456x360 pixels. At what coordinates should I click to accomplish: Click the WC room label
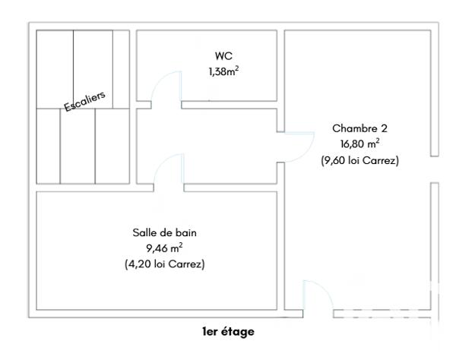click(x=223, y=57)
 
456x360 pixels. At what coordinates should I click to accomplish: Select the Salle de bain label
click(x=165, y=232)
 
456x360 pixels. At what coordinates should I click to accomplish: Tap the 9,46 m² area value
click(x=165, y=248)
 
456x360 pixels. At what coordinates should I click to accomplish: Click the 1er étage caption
click(x=228, y=332)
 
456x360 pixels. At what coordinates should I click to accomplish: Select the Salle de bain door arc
click(x=169, y=169)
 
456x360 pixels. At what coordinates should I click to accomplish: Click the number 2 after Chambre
click(x=374, y=128)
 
